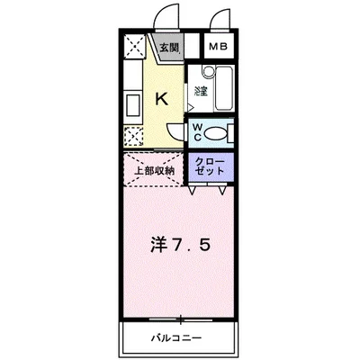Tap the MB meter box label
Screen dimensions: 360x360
[219, 49]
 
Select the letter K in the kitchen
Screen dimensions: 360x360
[163, 100]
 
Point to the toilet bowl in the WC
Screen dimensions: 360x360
[220, 133]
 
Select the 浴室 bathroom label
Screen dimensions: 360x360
[198, 91]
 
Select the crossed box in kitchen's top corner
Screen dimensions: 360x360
[132, 49]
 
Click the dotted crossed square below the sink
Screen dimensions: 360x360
[132, 137]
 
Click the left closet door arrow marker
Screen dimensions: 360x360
[194, 191]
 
